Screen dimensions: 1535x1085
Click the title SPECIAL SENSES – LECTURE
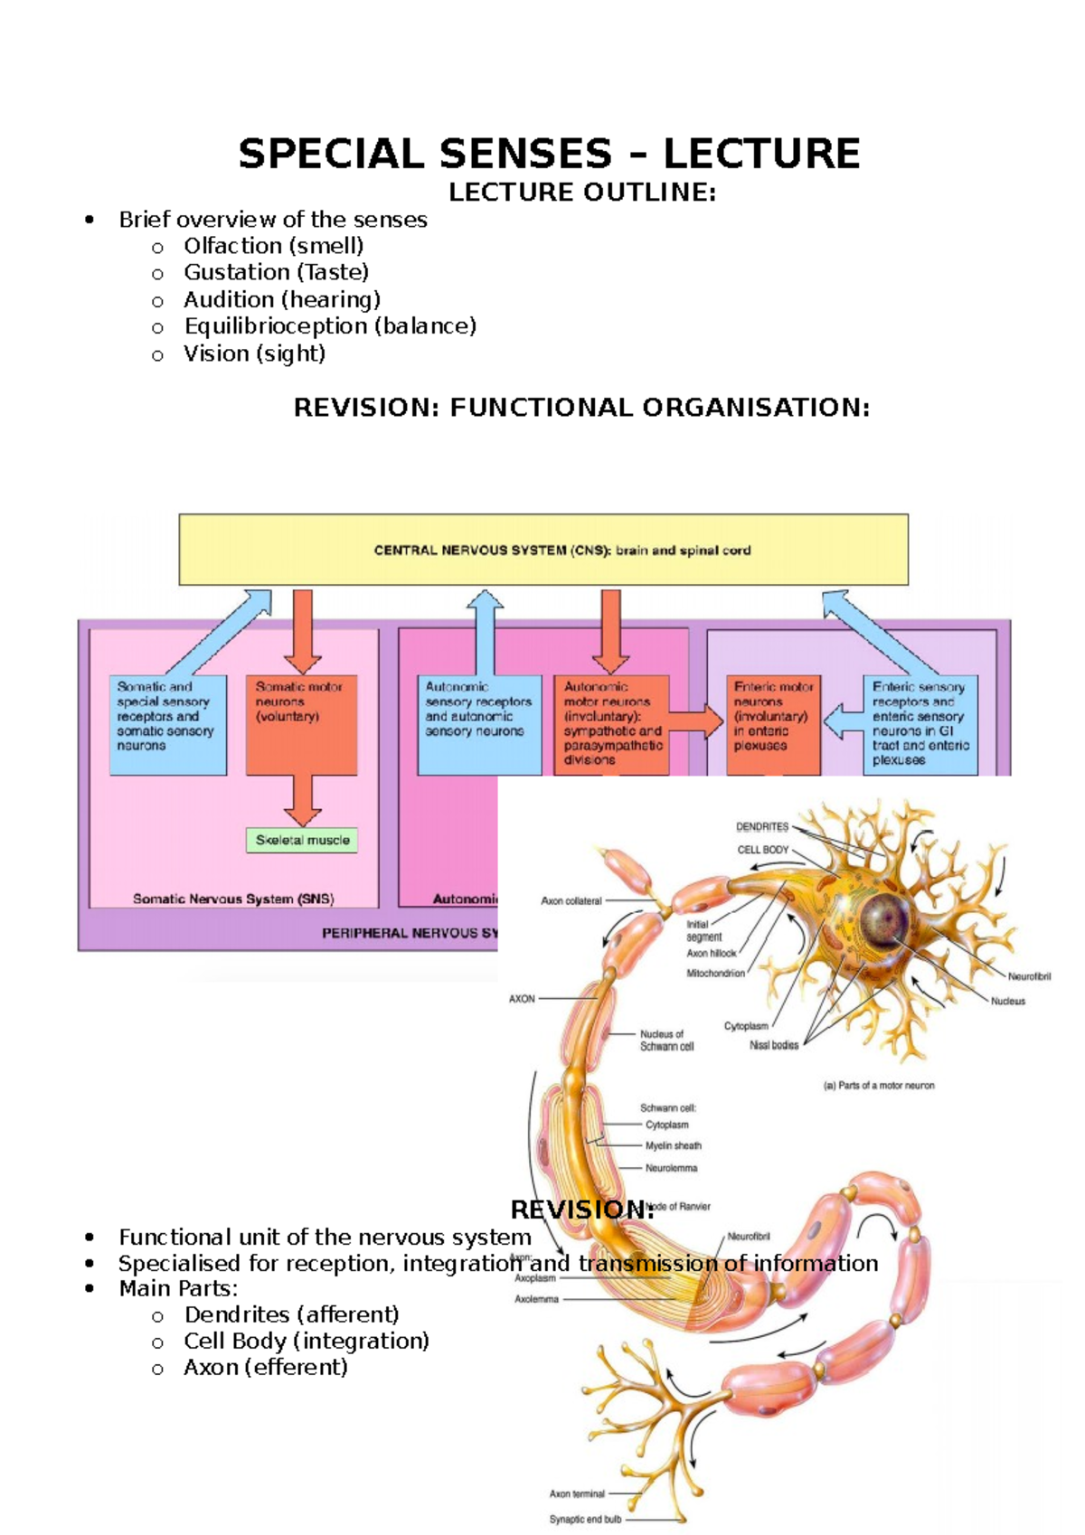click(x=548, y=154)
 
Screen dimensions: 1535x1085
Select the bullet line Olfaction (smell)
click(x=273, y=246)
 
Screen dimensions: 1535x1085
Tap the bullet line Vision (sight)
click(x=254, y=353)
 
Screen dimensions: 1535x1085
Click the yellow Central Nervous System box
click(x=543, y=550)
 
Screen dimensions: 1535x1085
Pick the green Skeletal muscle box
click(x=302, y=840)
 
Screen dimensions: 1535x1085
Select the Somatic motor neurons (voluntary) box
click(x=301, y=723)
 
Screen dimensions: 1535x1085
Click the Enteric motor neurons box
click(x=773, y=723)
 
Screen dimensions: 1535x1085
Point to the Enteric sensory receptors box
click(x=920, y=723)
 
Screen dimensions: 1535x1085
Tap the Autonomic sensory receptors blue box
click(x=479, y=723)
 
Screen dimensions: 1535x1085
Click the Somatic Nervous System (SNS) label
click(x=233, y=899)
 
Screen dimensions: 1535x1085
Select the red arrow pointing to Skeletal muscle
click(x=302, y=800)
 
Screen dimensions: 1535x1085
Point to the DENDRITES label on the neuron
click(x=762, y=826)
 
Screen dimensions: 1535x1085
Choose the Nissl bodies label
click(x=774, y=1045)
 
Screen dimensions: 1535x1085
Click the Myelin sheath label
click(x=673, y=1145)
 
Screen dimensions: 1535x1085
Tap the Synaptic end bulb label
click(x=585, y=1520)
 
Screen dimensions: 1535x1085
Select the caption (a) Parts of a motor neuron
click(x=878, y=1085)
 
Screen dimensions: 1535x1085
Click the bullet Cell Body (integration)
click(x=306, y=1341)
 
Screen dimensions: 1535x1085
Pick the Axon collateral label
click(x=571, y=900)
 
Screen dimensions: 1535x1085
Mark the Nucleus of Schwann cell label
click(x=666, y=1041)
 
